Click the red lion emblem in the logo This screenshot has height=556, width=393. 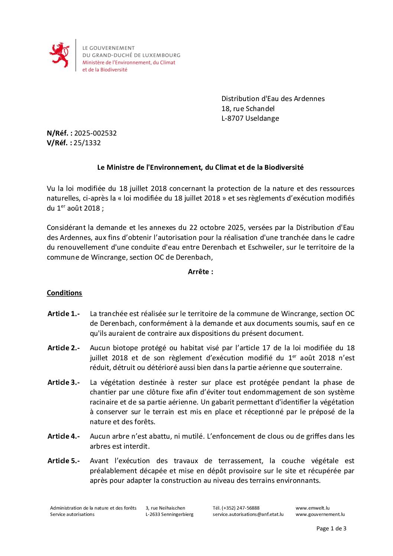59,55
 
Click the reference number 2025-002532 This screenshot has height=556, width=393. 95,133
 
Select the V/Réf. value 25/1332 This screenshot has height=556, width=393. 87,143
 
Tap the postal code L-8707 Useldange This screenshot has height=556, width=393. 250,118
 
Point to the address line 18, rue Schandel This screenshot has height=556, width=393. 248,108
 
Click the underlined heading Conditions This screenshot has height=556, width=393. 64,293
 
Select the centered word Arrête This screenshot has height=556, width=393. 200,272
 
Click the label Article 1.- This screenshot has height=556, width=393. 64,313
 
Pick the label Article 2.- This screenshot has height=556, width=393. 64,348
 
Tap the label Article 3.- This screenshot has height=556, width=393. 64,382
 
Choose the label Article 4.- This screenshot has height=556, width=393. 64,436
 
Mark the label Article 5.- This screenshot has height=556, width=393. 64,461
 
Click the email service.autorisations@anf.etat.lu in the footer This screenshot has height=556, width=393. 248,514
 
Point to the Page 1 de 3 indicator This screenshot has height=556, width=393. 331,529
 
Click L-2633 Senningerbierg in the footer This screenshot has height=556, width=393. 169,514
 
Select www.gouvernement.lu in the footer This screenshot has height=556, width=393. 320,514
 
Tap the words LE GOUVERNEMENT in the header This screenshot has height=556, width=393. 108,48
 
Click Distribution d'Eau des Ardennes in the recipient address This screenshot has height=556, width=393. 273,98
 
